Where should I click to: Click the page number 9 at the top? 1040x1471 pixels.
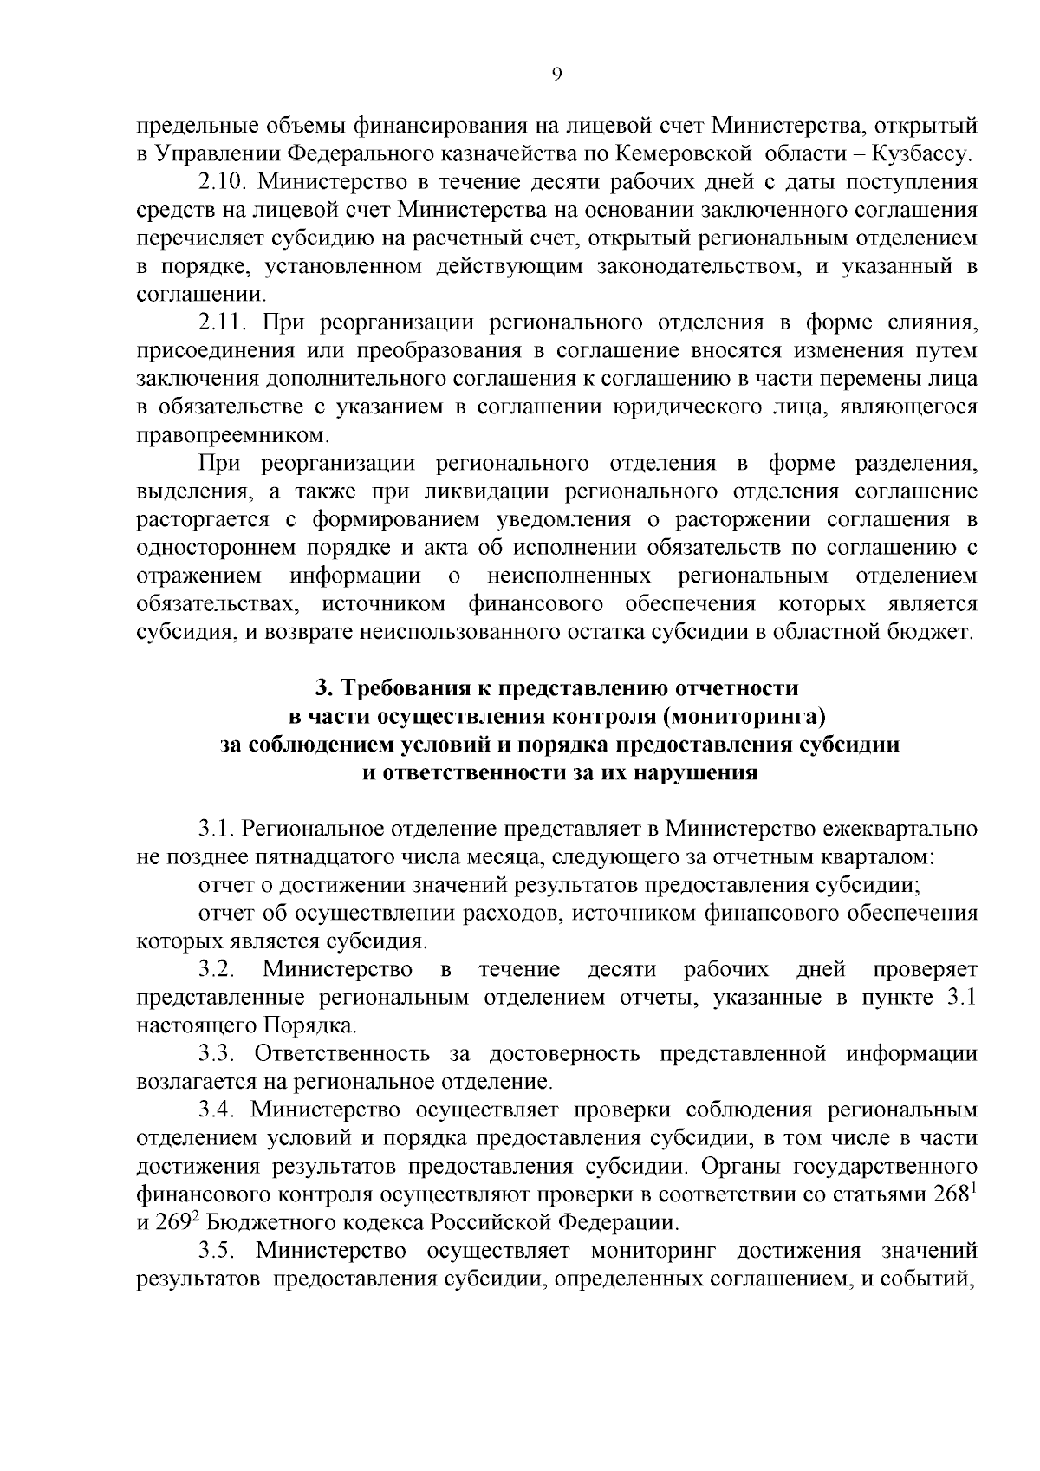(556, 75)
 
